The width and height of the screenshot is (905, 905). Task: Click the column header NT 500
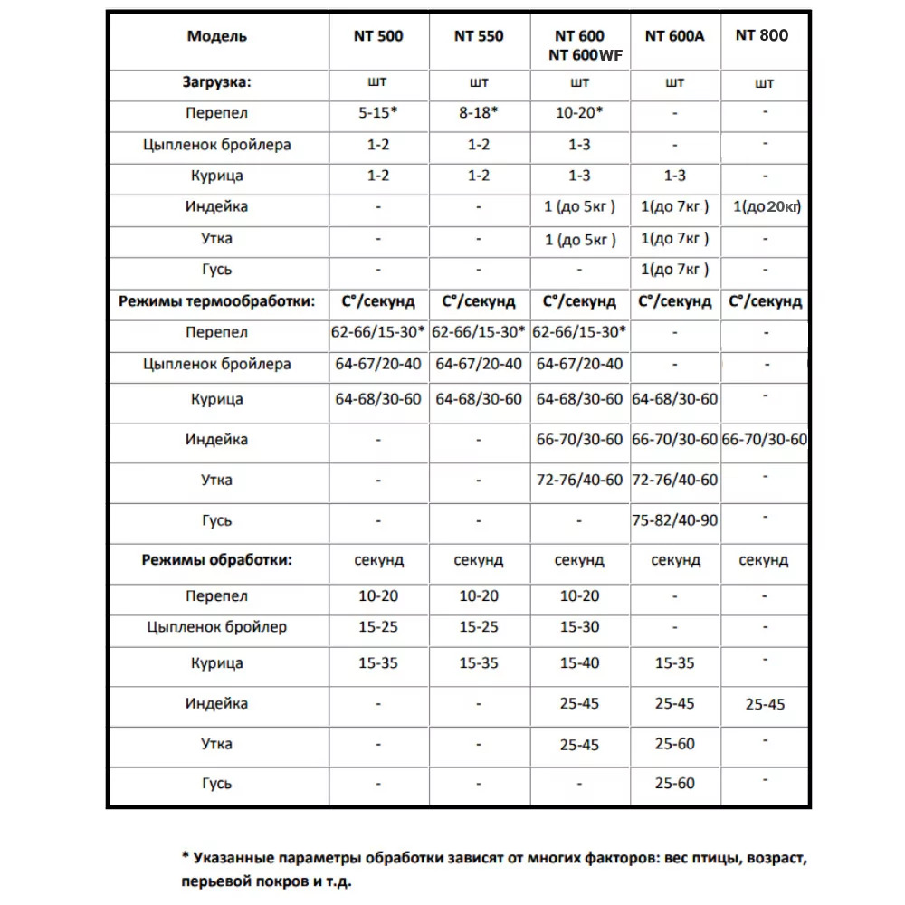378,36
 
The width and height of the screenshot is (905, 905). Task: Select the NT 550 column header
479,36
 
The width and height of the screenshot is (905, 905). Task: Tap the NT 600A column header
674,36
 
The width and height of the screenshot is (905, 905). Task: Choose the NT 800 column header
762,35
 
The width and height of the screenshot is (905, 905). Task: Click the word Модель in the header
217,36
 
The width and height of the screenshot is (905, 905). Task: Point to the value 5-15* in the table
378,113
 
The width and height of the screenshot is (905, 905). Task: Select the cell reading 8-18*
479,113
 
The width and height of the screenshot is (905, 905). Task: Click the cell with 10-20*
579,113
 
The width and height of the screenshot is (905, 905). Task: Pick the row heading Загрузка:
217,81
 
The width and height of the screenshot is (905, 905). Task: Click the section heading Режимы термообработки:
217,301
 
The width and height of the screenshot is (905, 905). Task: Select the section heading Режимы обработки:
217,559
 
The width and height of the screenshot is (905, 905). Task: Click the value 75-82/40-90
674,520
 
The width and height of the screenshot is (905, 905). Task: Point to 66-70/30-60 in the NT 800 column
766,440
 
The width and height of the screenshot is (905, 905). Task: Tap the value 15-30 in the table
579,626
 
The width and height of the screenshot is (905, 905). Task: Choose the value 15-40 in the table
579,663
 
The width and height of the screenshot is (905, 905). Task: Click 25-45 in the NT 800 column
766,704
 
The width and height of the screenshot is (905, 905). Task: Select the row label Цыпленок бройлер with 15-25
217,626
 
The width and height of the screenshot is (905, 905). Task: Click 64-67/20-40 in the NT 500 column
378,364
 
